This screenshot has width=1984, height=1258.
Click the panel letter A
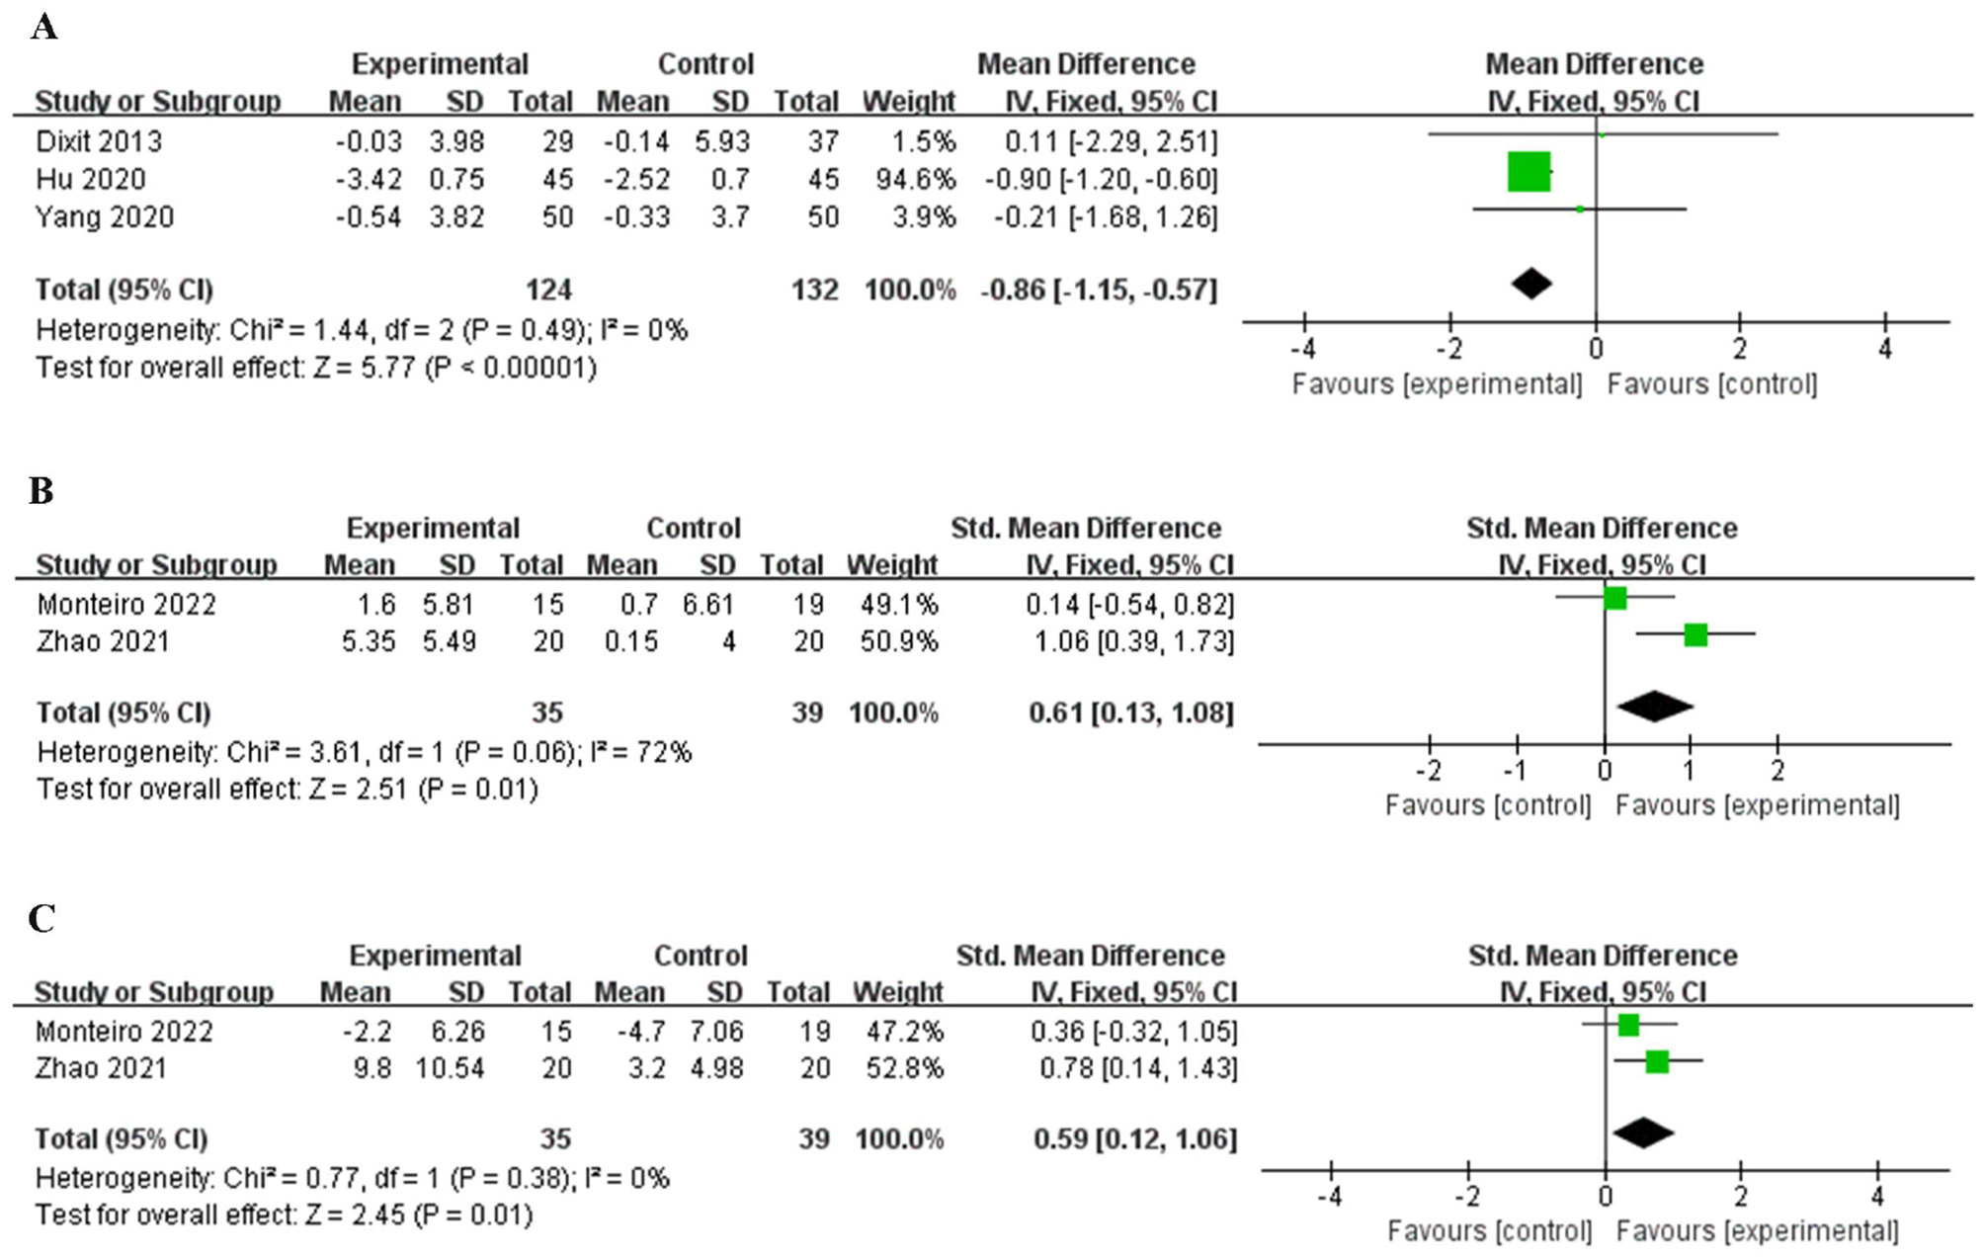point(43,27)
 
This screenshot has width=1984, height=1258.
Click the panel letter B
point(41,490)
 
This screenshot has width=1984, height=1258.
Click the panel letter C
point(41,918)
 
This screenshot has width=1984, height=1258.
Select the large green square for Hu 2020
point(1529,172)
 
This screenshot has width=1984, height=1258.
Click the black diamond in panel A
point(1531,284)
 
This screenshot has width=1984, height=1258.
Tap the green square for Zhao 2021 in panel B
point(1695,634)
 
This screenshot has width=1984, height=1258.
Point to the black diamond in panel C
point(1642,1132)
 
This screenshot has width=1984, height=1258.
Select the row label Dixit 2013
point(99,141)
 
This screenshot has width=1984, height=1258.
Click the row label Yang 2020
point(105,217)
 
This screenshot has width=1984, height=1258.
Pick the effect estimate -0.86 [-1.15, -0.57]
point(1098,291)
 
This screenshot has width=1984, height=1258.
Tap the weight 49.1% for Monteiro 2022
point(898,604)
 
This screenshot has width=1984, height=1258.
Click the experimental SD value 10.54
point(450,1068)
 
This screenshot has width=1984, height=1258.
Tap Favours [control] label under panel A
point(1711,384)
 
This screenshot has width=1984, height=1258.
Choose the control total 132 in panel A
point(814,291)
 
